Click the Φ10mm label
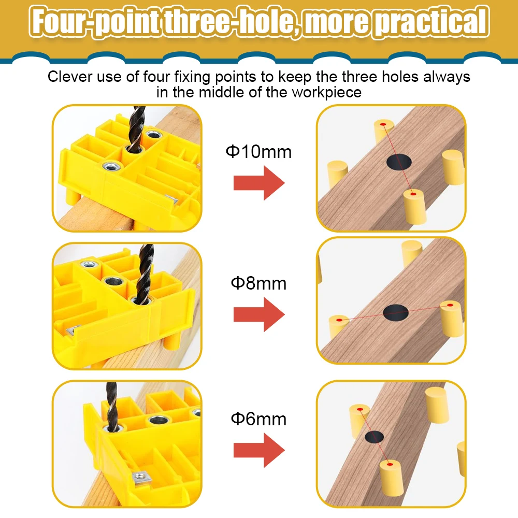point(258,152)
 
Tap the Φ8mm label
point(258,284)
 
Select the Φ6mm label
point(258,419)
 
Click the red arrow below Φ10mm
point(259,183)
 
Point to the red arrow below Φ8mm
point(259,314)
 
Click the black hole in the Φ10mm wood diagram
point(398,162)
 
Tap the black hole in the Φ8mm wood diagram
point(396,312)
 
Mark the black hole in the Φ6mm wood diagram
point(374,436)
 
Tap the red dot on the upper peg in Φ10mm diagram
point(383,125)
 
